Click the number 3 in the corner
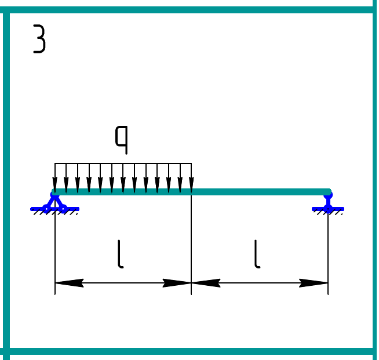coord(39,40)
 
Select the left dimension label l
coord(120,256)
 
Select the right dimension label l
coord(257,256)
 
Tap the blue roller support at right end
coord(328,203)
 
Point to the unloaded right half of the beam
coord(260,192)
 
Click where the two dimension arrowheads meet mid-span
coord(191,283)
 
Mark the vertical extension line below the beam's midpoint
coord(191,243)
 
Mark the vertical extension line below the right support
coord(328,249)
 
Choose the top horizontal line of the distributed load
coord(123,163)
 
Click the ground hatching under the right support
coord(328,213)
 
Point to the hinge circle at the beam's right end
coord(328,192)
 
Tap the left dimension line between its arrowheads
coord(123,283)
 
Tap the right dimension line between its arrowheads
coord(260,283)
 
